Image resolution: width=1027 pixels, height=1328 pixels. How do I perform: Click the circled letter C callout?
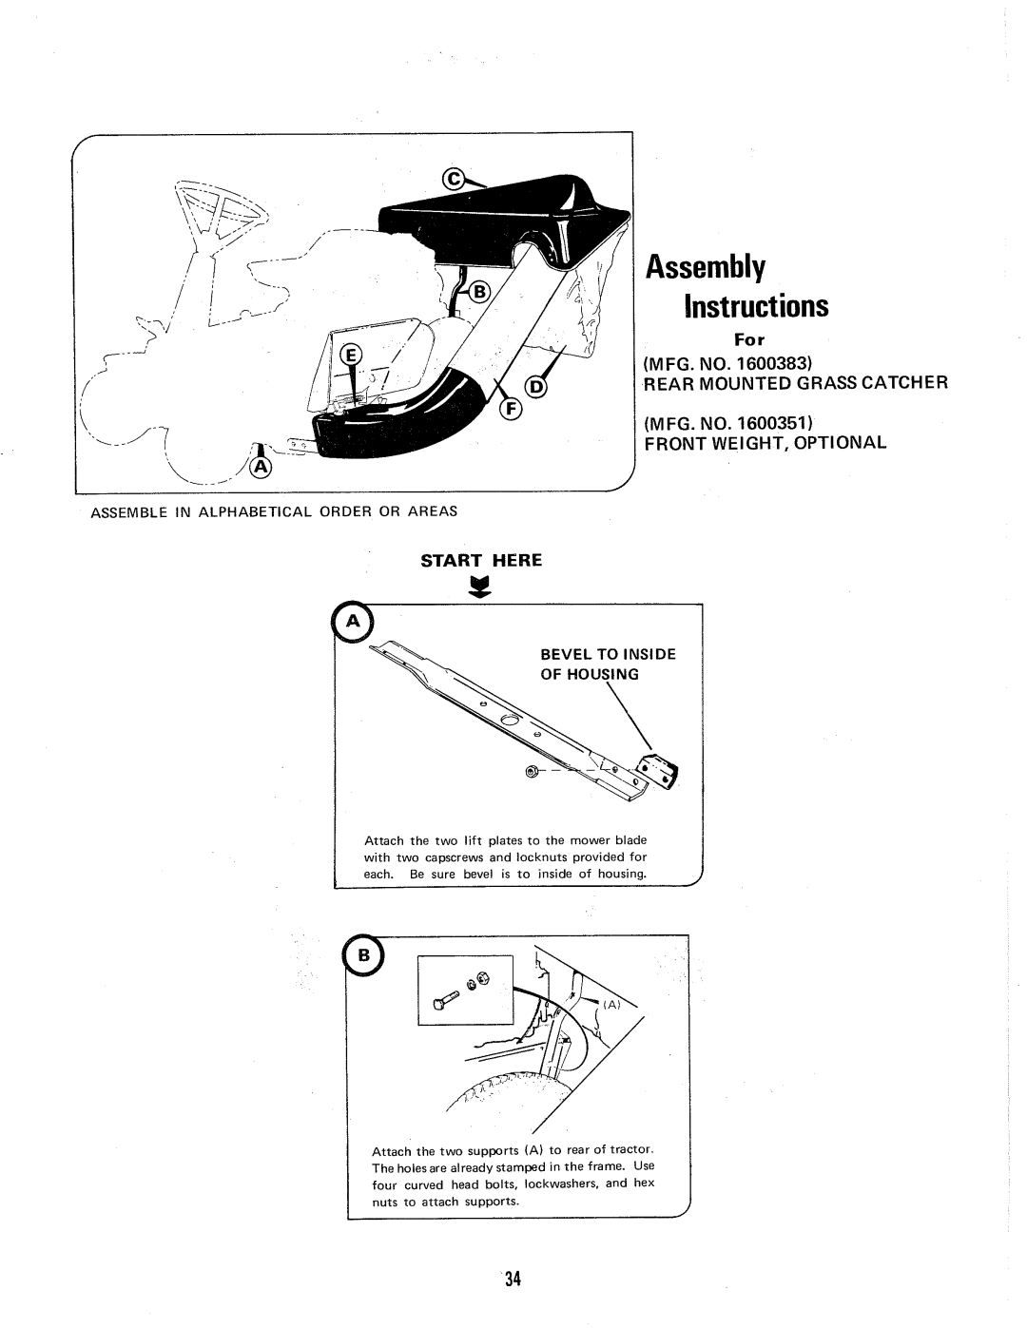(454, 178)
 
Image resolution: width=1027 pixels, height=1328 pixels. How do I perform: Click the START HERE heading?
(481, 561)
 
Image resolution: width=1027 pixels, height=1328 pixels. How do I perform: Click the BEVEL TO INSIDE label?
(594, 654)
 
